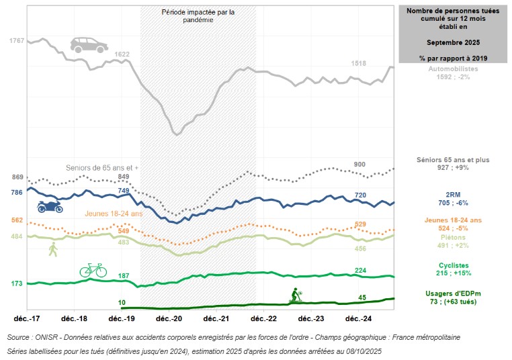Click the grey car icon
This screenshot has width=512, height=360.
pyautogui.click(x=89, y=45)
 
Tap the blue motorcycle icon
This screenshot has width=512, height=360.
pyautogui.click(x=50, y=206)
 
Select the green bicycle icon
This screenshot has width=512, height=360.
pyautogui.click(x=93, y=270)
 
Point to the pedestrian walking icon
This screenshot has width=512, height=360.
pyautogui.click(x=53, y=250)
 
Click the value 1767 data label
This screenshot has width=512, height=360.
pyautogui.click(x=16, y=41)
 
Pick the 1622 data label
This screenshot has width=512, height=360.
pyautogui.click(x=122, y=54)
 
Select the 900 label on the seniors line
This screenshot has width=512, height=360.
pyautogui.click(x=359, y=165)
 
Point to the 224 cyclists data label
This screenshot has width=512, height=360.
pyautogui.click(x=359, y=271)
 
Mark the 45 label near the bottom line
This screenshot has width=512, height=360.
pyautogui.click(x=361, y=298)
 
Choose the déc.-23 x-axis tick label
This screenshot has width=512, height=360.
pyautogui.click(x=311, y=318)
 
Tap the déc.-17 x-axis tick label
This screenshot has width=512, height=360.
pyautogui.click(x=28, y=318)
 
